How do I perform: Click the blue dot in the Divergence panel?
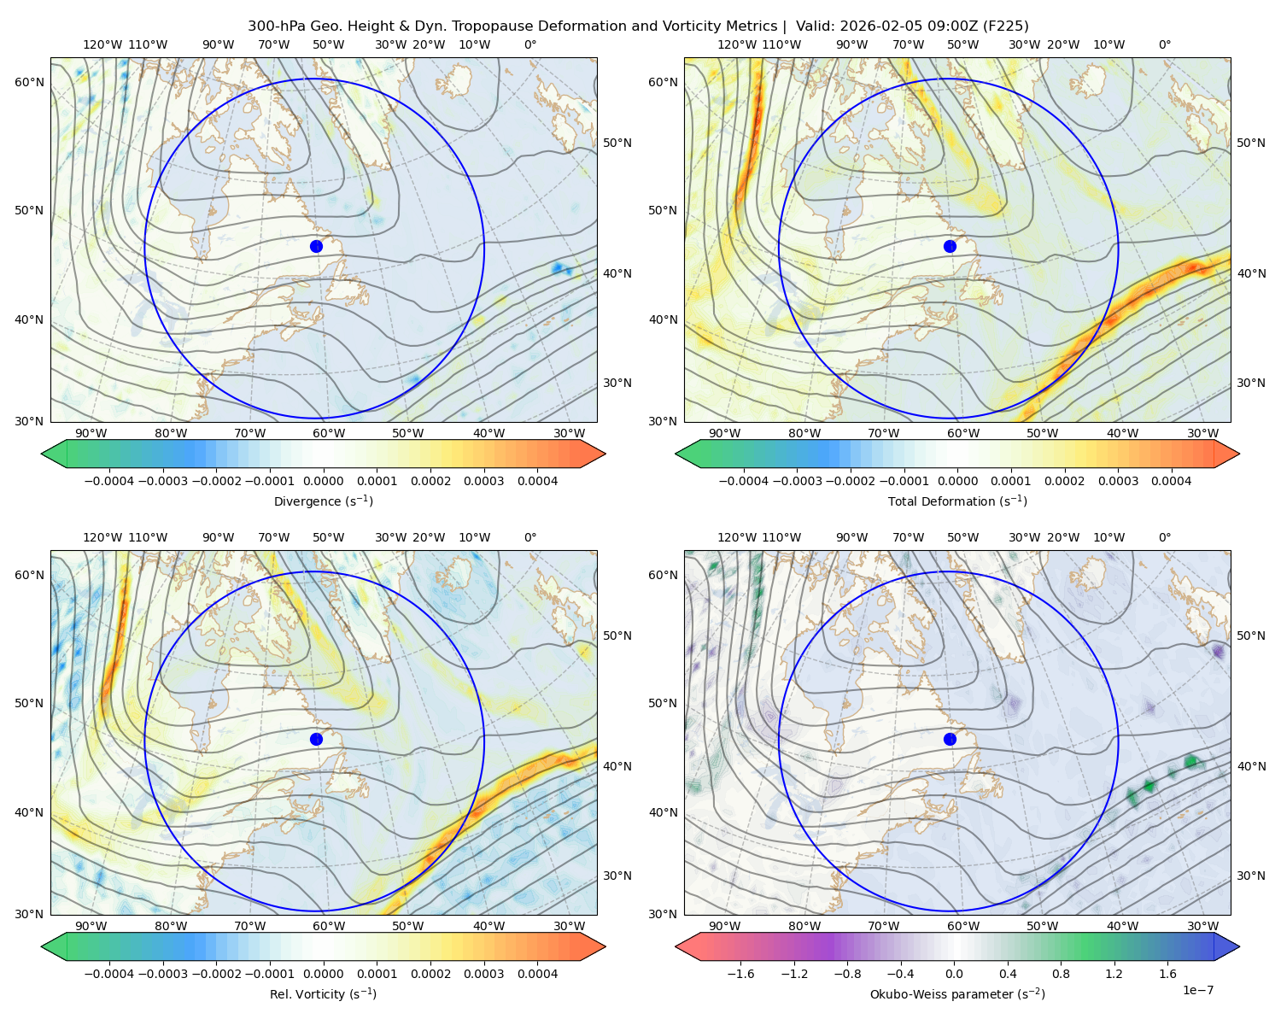316,246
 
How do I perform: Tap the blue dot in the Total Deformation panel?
950,246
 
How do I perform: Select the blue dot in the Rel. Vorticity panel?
316,739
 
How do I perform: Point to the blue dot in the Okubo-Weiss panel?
950,739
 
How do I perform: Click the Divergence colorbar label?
323,501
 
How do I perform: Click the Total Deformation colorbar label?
957,501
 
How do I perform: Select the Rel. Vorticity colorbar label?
323,993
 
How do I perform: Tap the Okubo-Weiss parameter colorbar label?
957,993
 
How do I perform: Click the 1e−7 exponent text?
1197,990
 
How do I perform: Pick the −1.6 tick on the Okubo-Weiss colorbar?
740,974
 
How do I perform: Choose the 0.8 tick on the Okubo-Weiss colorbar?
1061,974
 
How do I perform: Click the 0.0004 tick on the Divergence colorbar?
537,481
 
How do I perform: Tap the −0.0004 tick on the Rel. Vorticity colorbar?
109,974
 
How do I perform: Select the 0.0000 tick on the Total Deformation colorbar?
957,481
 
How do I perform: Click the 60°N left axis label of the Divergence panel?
29,82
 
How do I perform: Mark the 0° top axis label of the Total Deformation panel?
1164,44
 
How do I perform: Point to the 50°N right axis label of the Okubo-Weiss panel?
1250,635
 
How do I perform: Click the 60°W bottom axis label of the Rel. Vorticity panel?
329,926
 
